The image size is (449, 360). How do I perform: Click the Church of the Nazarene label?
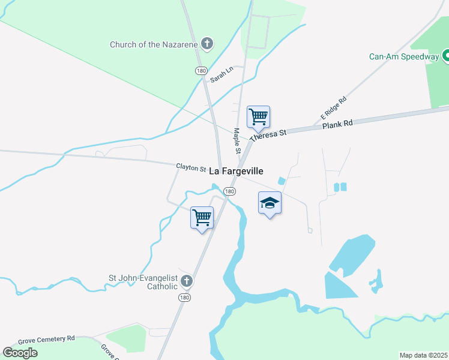153,44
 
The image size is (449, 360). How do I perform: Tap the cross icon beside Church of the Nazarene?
207,43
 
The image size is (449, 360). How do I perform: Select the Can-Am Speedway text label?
404,57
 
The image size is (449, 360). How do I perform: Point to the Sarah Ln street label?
221,75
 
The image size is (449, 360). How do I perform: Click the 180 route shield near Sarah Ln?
201,71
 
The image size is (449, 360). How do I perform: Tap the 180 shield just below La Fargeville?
229,191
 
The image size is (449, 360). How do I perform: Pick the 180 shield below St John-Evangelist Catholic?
185,298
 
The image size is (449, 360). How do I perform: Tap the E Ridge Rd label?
334,107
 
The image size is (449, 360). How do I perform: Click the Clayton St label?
191,167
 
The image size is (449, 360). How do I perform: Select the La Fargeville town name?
236,171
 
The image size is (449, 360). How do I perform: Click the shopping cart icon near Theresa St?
258,116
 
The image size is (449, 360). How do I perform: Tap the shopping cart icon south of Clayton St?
202,217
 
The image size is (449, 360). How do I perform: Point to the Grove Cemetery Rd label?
46,339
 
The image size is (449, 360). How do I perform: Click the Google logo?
20,352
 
